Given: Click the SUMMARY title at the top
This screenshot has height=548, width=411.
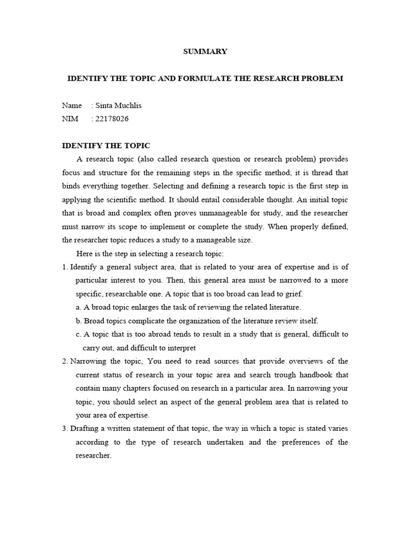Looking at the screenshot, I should pos(205,52).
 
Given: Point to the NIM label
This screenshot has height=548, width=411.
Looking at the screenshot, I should pos(70,119).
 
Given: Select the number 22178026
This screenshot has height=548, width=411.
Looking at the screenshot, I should pos(112,119).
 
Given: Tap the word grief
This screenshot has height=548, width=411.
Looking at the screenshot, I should pos(293,294).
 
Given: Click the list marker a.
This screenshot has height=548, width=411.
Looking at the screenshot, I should pos(78,307).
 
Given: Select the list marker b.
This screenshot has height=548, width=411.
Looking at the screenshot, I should pos(78,321).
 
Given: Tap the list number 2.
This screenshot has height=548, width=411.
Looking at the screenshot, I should pos(65,361).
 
